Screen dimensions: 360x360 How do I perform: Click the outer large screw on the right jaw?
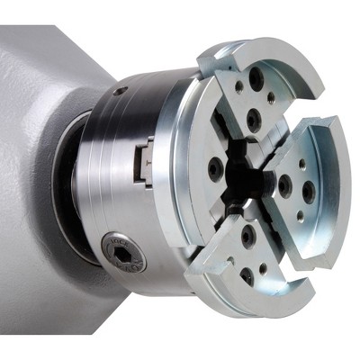coord(309,192)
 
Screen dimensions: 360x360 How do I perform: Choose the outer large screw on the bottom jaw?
coord(247,275)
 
